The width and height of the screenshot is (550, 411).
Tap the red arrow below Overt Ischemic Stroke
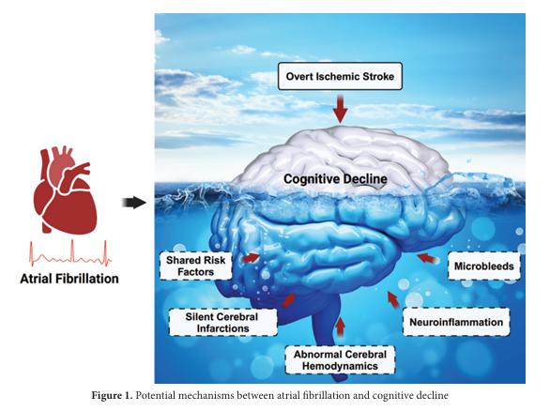point(340,111)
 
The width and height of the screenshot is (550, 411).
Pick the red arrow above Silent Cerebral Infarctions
point(288,300)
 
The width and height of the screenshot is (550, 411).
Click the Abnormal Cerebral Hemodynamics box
point(340,358)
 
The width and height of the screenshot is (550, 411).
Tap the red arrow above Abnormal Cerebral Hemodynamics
point(340,327)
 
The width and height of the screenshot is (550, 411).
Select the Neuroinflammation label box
point(457,322)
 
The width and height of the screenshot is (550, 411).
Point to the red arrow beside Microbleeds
point(426,256)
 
